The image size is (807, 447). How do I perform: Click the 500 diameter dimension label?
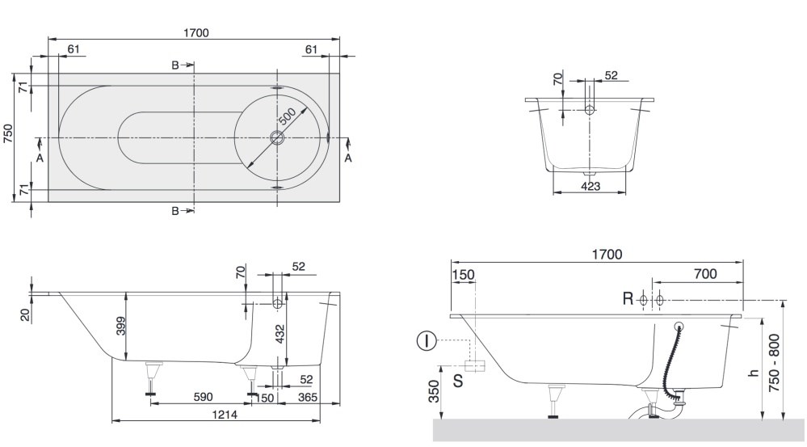[288, 116]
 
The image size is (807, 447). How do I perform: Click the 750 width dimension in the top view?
[8, 133]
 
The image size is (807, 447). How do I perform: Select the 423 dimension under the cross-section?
[590, 186]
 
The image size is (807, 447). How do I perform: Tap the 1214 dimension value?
[225, 414]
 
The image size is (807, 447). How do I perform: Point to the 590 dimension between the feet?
[202, 397]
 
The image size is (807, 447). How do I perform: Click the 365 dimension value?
[307, 397]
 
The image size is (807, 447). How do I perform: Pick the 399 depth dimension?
[121, 326]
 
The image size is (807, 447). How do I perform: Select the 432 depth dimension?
[280, 335]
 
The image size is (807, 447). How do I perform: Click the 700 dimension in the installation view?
[705, 273]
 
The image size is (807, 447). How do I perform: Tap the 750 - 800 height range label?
[774, 363]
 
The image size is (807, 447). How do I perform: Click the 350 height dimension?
[435, 391]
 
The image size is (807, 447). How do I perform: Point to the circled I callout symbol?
[427, 340]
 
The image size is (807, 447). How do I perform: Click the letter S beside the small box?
[457, 381]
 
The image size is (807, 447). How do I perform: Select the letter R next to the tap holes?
[628, 298]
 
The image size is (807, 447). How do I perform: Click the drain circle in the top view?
[277, 137]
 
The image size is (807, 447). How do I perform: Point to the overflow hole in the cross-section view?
[590, 109]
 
